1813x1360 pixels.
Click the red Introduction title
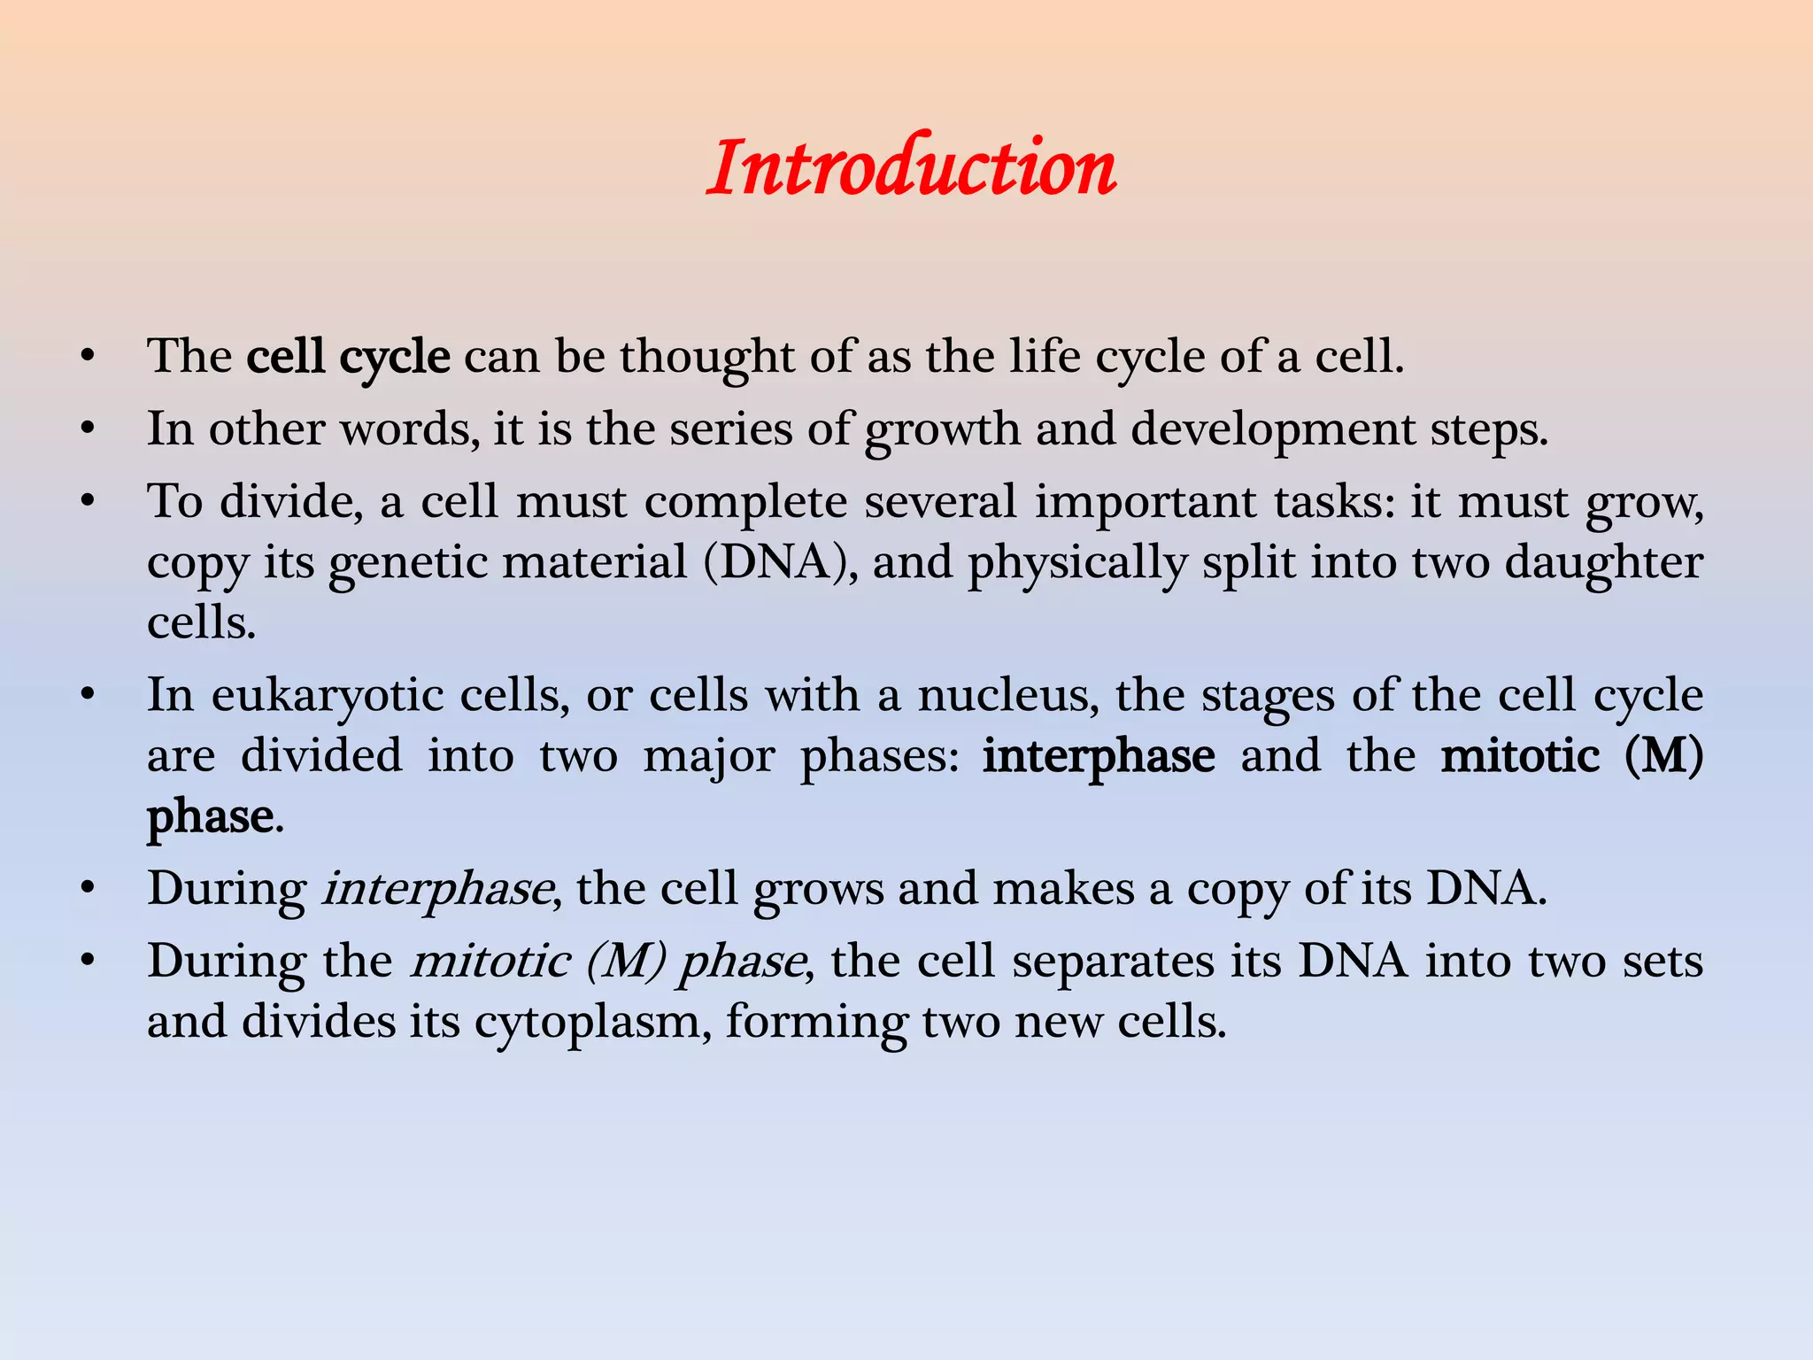[911, 167]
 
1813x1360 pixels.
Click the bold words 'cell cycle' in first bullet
[348, 357]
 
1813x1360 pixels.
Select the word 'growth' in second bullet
[942, 429]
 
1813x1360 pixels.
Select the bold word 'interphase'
[1099, 756]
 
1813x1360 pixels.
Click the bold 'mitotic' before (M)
[1520, 756]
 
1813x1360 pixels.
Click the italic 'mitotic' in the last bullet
[490, 962]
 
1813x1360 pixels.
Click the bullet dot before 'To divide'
[86, 502]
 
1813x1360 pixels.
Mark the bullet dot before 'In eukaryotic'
[86, 696]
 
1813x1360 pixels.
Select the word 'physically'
[1076, 563]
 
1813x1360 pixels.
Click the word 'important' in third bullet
[1146, 502]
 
